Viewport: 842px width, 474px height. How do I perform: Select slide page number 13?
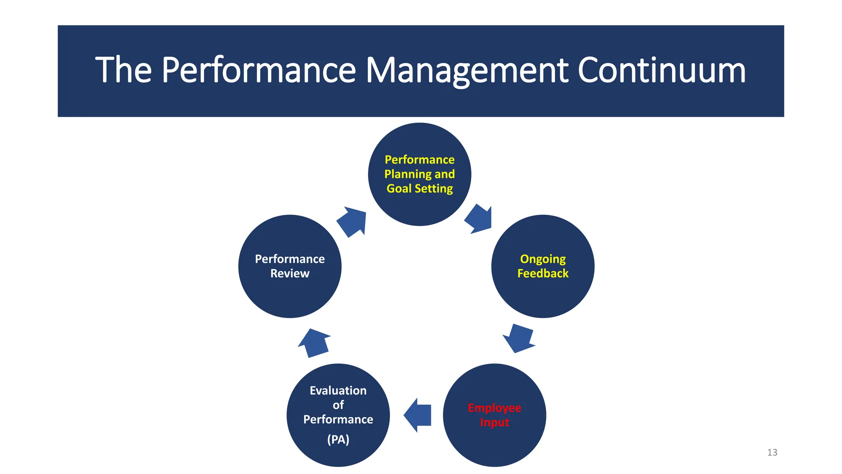tap(772, 452)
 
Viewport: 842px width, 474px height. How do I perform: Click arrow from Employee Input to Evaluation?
tap(417, 415)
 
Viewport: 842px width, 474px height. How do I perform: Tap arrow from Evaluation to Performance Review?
tap(315, 342)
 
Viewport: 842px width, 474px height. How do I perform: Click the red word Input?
tap(494, 423)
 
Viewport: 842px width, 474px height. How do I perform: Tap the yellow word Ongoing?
tap(543, 259)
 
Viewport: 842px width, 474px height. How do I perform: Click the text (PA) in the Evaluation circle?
tap(338, 439)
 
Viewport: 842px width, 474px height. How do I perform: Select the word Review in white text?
tap(290, 273)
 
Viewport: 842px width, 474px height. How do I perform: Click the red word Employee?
tap(494, 408)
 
